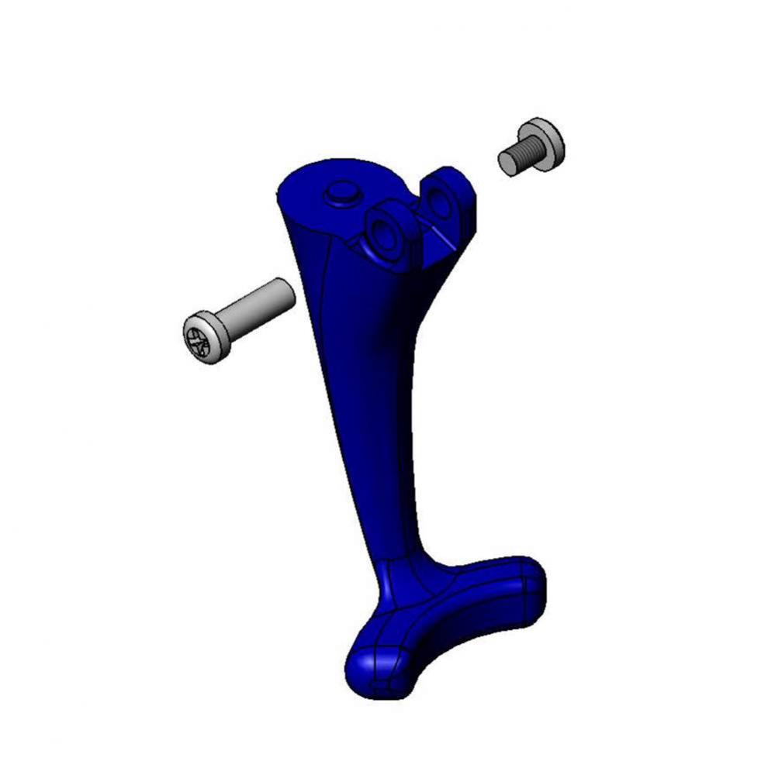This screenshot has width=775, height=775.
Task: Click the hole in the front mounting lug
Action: pyautogui.click(x=383, y=231)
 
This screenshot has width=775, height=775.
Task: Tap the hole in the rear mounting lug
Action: pyautogui.click(x=439, y=202)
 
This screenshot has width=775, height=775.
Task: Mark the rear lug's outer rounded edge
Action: pyautogui.click(x=465, y=186)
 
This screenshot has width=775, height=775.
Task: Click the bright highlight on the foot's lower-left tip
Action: pyautogui.click(x=358, y=663)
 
